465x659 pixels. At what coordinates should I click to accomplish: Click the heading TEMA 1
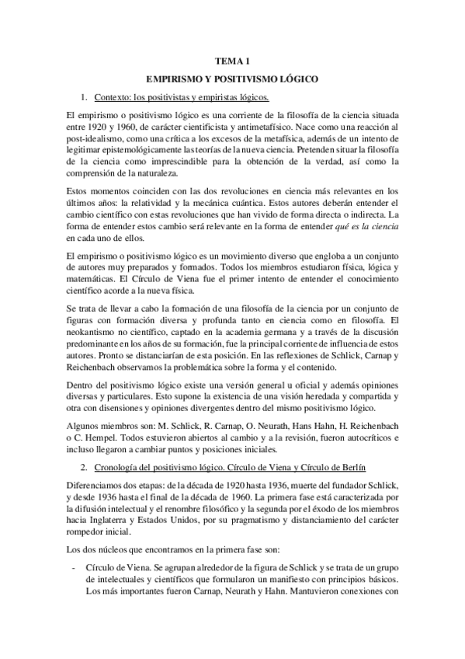(x=232, y=61)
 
